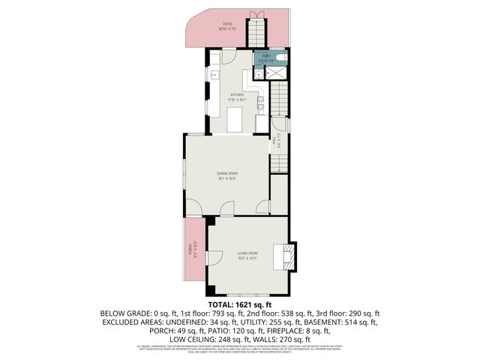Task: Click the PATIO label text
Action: click(227, 24)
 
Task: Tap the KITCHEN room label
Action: click(237, 95)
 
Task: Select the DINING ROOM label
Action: click(227, 174)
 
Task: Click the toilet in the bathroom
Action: click(282, 58)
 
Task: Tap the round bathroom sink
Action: click(257, 74)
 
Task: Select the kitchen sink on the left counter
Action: click(214, 75)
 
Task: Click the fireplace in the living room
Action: click(287, 255)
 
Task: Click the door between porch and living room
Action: click(210, 257)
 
